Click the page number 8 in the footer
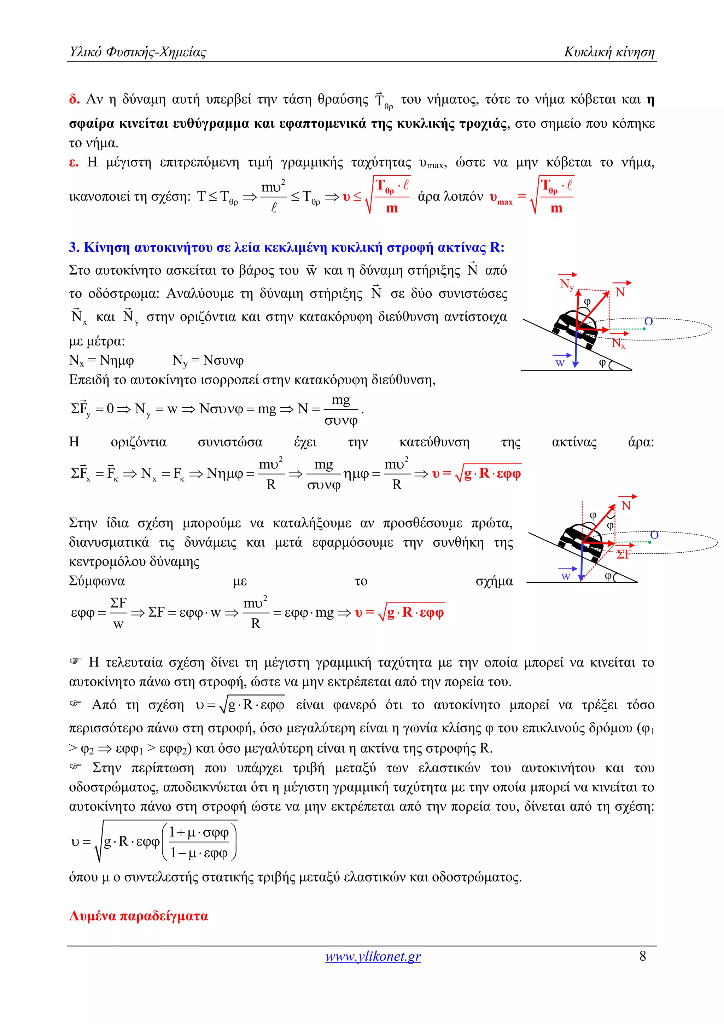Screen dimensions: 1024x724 click(x=642, y=956)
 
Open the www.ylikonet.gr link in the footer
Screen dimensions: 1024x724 click(x=373, y=956)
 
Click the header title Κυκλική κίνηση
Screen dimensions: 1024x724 click(x=609, y=52)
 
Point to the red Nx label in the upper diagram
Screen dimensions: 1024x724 click(x=618, y=343)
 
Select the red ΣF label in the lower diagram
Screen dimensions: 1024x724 click(x=624, y=554)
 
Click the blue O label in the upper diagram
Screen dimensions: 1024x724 click(x=649, y=321)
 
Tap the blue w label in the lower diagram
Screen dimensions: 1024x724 click(x=566, y=576)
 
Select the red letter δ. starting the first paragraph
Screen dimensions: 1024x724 click(x=74, y=99)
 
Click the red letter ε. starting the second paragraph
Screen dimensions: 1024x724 click(x=74, y=162)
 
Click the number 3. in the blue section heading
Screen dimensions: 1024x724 click(x=74, y=248)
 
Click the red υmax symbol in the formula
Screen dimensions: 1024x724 click(x=501, y=198)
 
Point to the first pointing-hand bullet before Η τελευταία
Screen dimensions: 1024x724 click(x=76, y=661)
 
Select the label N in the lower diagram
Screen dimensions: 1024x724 click(x=626, y=506)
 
